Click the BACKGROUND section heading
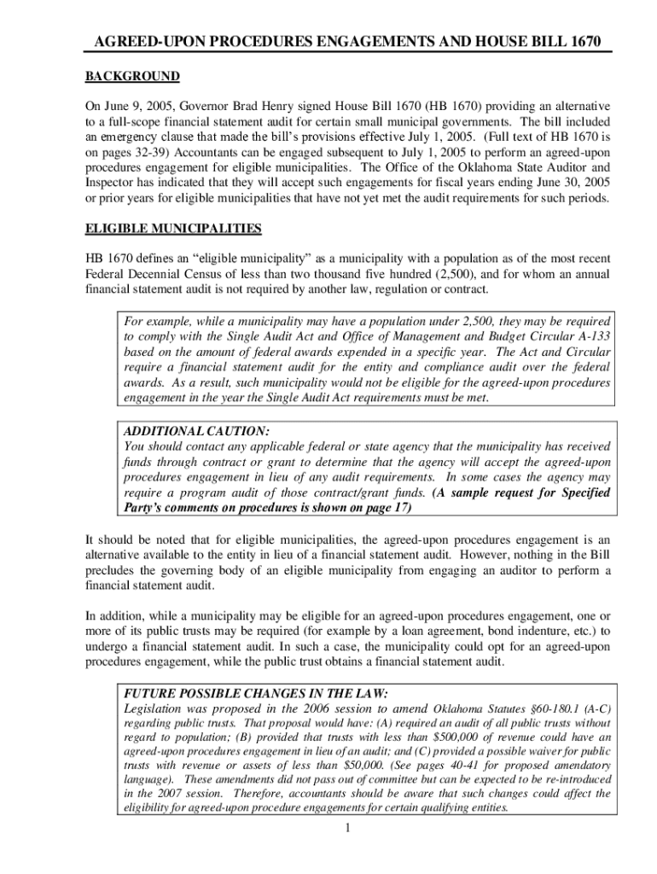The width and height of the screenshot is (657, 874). (x=132, y=77)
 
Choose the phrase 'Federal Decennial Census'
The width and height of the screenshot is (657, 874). (x=160, y=275)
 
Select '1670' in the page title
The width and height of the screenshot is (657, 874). (x=573, y=40)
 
